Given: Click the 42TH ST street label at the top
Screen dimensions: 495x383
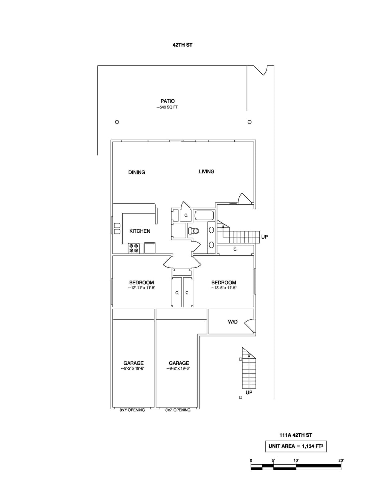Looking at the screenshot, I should pyautogui.click(x=182, y=45).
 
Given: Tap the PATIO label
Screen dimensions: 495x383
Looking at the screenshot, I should pyautogui.click(x=168, y=101).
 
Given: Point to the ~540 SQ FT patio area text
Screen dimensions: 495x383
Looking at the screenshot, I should pyautogui.click(x=167, y=107).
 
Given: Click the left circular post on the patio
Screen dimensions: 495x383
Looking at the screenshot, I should pyautogui.click(x=117, y=122).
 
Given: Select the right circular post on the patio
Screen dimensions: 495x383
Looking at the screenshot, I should pyautogui.click(x=249, y=122).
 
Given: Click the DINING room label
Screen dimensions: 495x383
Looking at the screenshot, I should pyautogui.click(x=136, y=172).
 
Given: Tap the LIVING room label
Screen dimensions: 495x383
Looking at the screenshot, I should pyautogui.click(x=206, y=171).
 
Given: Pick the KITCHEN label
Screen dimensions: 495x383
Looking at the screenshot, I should pyautogui.click(x=140, y=231).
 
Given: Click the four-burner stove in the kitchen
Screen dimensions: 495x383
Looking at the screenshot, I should pyautogui.click(x=134, y=248).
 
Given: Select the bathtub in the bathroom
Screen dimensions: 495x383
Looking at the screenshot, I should pyautogui.click(x=204, y=216).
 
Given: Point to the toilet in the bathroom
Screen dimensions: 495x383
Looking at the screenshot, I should pyautogui.click(x=194, y=231).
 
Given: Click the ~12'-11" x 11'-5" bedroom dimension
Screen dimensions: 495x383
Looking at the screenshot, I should pyautogui.click(x=141, y=288).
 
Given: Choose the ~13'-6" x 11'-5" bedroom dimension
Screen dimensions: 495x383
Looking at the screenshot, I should pyautogui.click(x=223, y=288).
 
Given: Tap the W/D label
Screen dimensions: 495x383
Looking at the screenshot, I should pyautogui.click(x=233, y=322).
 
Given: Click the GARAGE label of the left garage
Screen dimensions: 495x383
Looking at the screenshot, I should pyautogui.click(x=133, y=363).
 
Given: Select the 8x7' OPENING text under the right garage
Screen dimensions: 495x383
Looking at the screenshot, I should pyautogui.click(x=178, y=410).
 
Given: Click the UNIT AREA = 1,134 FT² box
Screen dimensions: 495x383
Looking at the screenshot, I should pyautogui.click(x=296, y=446).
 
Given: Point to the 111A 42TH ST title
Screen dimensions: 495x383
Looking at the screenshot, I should pyautogui.click(x=296, y=435).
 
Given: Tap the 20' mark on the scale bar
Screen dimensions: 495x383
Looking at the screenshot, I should pyautogui.click(x=341, y=461).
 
